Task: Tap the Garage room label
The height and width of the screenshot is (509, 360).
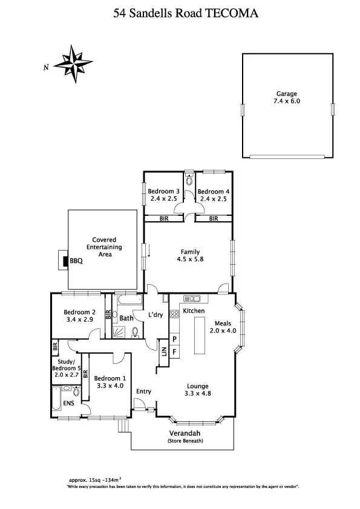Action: [287, 94]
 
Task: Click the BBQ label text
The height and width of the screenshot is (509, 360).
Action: [76, 262]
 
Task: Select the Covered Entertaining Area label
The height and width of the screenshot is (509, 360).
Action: [104, 247]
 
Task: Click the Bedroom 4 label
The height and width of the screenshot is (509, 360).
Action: [214, 192]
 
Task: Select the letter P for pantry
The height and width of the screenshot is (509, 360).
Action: [175, 339]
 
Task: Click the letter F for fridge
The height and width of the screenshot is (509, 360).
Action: [175, 351]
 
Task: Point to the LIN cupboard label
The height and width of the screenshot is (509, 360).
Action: [163, 350]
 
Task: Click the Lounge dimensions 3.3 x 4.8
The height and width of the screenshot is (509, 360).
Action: [197, 394]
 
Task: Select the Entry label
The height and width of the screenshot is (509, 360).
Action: [143, 391]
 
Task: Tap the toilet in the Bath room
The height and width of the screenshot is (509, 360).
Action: [134, 331]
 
